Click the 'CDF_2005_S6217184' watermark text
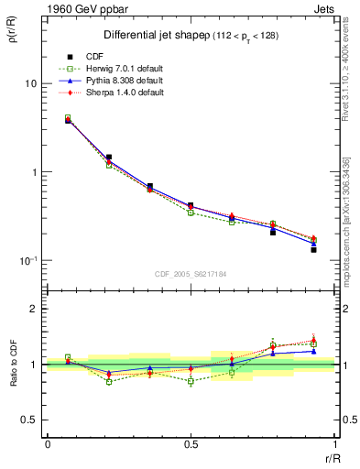coord(191,273)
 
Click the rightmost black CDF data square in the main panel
coord(313,249)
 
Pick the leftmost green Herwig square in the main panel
coord(68,118)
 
